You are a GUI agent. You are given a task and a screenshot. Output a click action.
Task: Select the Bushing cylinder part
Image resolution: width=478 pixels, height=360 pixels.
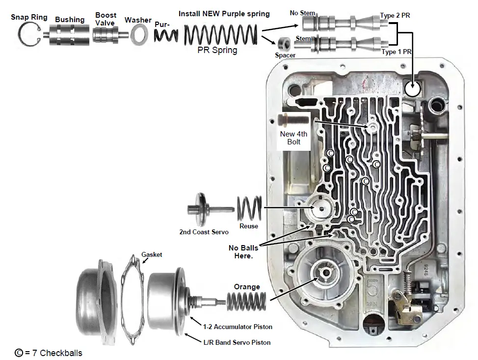[x=69, y=36]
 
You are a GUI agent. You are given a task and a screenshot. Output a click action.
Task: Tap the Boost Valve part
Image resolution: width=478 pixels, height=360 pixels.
[x=106, y=36]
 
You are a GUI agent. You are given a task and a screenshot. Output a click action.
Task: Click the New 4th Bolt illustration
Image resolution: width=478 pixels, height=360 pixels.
[x=292, y=120]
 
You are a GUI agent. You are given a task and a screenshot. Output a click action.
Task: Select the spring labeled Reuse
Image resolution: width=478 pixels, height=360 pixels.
[x=249, y=209]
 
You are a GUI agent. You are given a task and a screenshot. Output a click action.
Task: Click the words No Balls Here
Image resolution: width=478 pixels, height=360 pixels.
[x=243, y=252]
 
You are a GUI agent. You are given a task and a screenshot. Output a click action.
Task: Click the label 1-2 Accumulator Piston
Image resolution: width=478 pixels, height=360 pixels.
[x=238, y=327]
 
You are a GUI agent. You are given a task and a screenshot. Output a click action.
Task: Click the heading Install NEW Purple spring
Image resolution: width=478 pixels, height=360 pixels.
[x=224, y=14]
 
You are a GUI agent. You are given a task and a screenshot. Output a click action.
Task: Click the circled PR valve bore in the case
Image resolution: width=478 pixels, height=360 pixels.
[x=413, y=89]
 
